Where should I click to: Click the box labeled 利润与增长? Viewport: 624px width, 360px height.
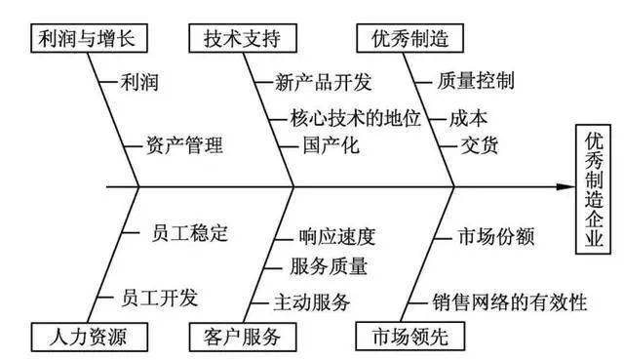tap(82, 38)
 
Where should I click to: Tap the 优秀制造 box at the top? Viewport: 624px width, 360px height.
tap(402, 38)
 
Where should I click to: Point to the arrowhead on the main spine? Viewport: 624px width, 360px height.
tap(565, 185)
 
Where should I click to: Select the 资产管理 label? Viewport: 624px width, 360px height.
tap(182, 147)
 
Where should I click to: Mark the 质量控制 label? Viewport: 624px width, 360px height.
tap(477, 81)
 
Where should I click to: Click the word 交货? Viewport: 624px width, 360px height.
tap(479, 147)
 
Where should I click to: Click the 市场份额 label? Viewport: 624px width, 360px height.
tap(495, 237)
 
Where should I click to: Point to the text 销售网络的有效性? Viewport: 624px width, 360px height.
tap(510, 300)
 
